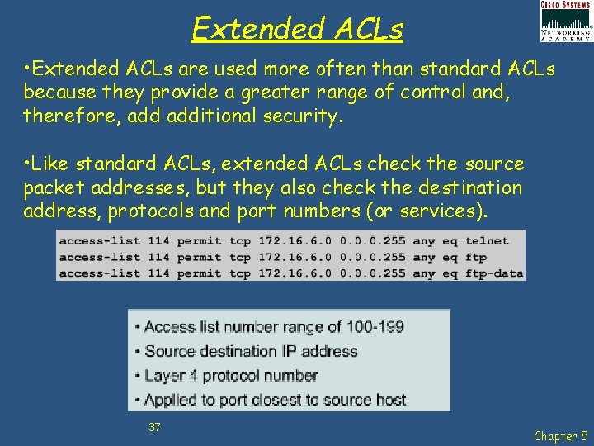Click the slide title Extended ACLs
click(x=297, y=29)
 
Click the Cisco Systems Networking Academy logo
click(x=565, y=21)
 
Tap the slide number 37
click(x=154, y=427)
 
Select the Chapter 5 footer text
click(x=561, y=435)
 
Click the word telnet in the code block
click(x=487, y=241)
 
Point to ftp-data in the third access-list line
click(x=493, y=273)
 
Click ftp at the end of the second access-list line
click(x=476, y=257)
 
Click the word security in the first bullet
click(x=300, y=116)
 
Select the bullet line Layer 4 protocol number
click(x=230, y=376)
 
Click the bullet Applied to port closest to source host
click(x=275, y=400)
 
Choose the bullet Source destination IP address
click(x=251, y=351)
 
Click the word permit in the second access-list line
click(x=200, y=257)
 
